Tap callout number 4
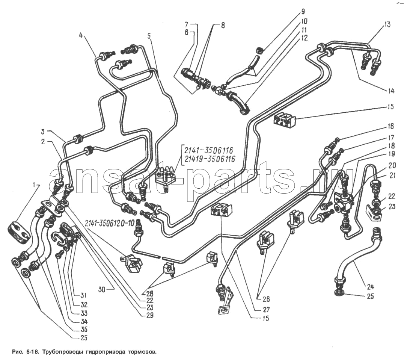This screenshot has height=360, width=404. tap(80, 36)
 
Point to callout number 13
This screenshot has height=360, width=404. tap(387, 25)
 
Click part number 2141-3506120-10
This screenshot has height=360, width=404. tap(109, 222)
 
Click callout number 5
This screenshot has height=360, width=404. tap(149, 36)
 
